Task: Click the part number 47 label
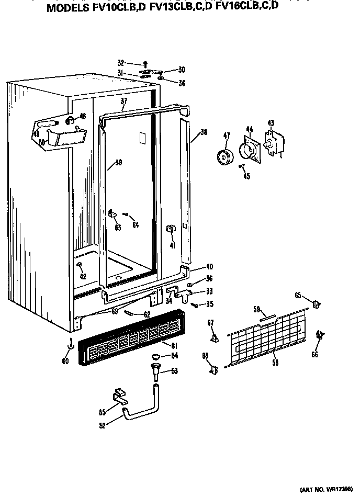click(x=227, y=136)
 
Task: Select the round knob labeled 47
click(x=226, y=156)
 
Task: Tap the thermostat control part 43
click(x=273, y=142)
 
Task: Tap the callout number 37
click(x=124, y=101)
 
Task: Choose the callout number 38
click(x=204, y=133)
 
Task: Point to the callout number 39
click(x=119, y=163)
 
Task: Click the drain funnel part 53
click(x=155, y=373)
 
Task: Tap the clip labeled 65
click(x=316, y=303)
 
